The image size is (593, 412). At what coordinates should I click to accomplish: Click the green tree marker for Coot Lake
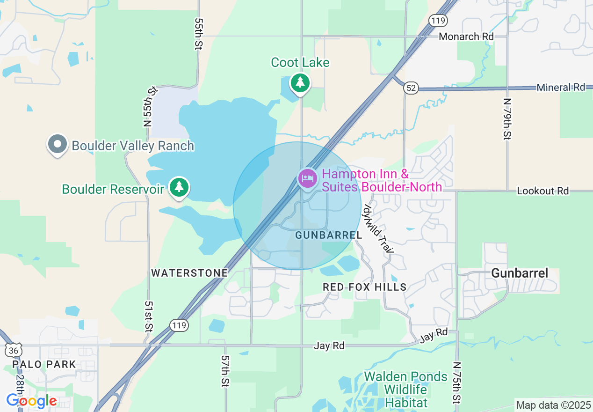[x=300, y=83]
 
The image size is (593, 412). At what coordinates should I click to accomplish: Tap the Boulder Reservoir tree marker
[x=178, y=187]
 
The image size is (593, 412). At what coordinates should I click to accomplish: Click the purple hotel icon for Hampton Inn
[x=307, y=178]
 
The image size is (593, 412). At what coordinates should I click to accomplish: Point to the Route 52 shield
[x=411, y=88]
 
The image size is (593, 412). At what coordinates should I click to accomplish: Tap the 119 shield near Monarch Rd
[x=439, y=20]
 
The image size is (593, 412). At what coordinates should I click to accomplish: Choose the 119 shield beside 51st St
[x=180, y=325]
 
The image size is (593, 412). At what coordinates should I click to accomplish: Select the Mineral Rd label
[x=561, y=88]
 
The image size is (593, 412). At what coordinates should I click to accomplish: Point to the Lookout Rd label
[x=542, y=191]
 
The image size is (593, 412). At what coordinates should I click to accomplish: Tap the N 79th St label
[x=507, y=119]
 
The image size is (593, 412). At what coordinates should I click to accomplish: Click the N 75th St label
[x=457, y=383]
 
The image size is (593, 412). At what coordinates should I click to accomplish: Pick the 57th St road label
[x=225, y=370]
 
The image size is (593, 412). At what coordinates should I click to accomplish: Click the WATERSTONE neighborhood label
[x=189, y=273]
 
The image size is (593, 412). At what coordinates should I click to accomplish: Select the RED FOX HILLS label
[x=365, y=287]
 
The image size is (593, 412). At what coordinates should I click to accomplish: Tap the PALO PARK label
[x=44, y=364]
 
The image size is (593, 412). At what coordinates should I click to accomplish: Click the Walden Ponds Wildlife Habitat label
[x=405, y=390]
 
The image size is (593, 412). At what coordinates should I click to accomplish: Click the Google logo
[x=31, y=401]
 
